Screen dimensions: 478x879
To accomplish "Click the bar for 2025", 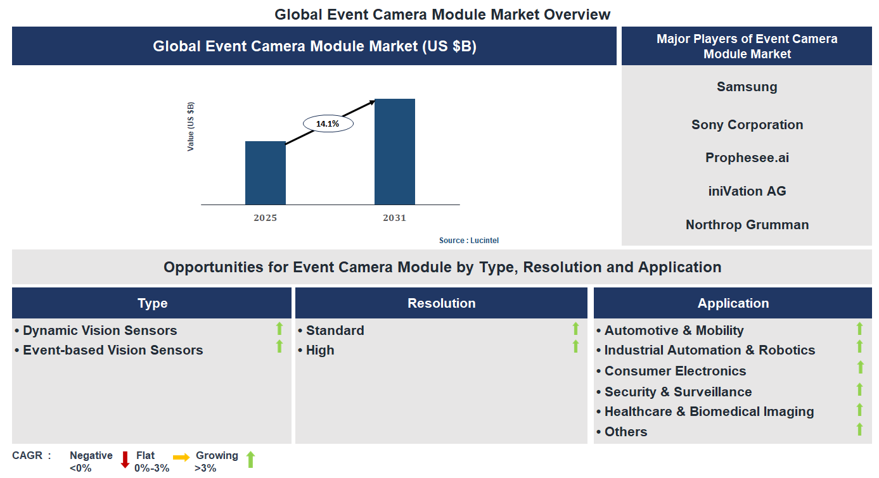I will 265,173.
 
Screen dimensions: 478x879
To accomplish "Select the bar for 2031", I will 394,152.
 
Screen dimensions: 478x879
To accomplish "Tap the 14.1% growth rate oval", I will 328,124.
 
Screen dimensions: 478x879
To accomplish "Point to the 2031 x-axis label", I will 394,218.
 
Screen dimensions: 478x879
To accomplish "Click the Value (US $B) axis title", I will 191,127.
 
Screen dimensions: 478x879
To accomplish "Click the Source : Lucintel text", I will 473,241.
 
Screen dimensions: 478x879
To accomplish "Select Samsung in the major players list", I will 747,87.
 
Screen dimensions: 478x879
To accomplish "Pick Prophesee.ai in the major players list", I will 747,158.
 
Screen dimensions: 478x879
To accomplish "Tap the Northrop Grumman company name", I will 747,225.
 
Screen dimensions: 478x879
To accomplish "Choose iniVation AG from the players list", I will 747,191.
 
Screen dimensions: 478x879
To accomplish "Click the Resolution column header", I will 441,303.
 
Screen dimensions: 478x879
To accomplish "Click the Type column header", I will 152,303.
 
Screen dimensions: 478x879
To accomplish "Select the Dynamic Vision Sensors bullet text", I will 100,330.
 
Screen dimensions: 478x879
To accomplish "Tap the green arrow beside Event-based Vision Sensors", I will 279,346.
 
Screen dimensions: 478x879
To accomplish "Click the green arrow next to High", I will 575,346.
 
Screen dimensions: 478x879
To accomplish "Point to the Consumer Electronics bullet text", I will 675,371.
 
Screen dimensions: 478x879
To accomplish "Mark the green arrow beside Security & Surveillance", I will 859,389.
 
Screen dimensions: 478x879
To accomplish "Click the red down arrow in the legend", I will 125,460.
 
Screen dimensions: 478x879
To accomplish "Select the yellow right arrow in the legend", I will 181,457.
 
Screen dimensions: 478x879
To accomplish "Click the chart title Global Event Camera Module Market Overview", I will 442,14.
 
